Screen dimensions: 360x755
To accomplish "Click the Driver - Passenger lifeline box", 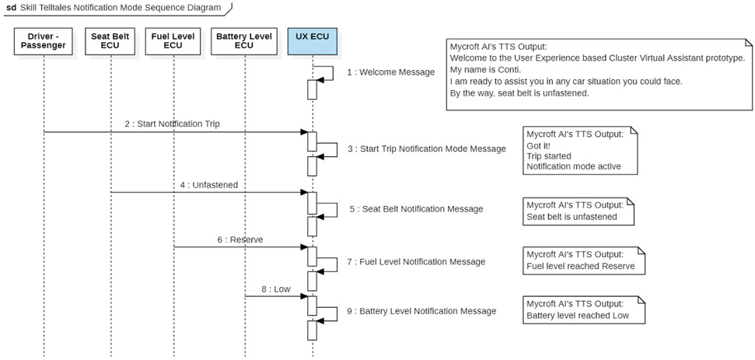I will (x=44, y=40).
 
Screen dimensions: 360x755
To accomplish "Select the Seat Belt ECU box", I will (x=110, y=40).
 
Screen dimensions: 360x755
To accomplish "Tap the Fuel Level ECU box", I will (x=173, y=40).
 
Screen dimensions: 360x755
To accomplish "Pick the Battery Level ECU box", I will (x=243, y=40).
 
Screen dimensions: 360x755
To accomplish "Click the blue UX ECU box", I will (x=312, y=40).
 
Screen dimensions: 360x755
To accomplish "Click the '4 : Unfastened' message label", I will (x=209, y=185).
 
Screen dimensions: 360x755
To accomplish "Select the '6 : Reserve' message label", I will (x=240, y=239).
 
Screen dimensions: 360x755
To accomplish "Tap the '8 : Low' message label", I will (x=276, y=288).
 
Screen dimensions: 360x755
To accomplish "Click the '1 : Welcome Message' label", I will (x=390, y=72).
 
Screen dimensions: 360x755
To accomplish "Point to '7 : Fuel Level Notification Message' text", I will (x=416, y=262).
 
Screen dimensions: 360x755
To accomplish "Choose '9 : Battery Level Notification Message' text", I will (x=421, y=311).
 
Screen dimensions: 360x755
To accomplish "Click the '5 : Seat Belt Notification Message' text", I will (x=416, y=208).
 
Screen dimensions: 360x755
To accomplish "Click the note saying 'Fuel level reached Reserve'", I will (x=580, y=260).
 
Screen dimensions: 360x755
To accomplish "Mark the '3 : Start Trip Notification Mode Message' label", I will (x=427, y=149).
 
